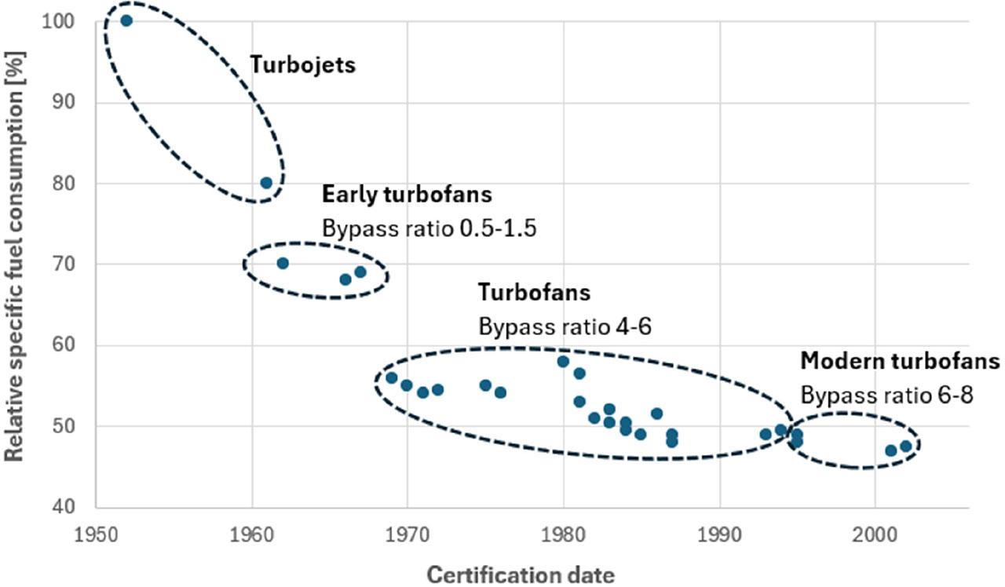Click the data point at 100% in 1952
(x=126, y=20)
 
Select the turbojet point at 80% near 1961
(x=266, y=183)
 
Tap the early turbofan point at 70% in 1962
(x=283, y=263)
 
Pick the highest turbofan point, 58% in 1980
(x=563, y=362)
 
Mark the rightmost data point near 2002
(x=905, y=447)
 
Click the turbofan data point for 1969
(x=391, y=377)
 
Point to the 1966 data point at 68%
(x=345, y=279)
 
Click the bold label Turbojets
(x=302, y=64)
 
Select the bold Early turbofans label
(x=407, y=195)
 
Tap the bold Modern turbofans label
(x=900, y=361)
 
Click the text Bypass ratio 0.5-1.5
(x=429, y=228)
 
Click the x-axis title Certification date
(x=521, y=574)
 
